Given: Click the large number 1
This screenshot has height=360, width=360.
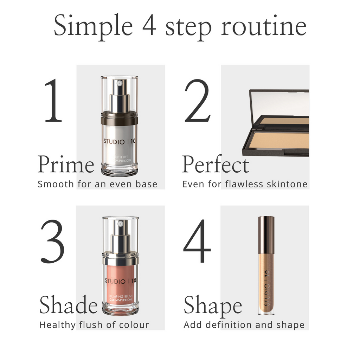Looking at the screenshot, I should (x=54, y=101).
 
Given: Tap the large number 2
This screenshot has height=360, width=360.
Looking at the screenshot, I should (x=197, y=101).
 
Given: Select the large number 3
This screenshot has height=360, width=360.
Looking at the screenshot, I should (x=53, y=242).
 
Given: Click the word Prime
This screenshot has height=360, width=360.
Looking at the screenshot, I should (x=66, y=165).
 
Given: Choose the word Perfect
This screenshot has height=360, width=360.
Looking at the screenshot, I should (x=215, y=165).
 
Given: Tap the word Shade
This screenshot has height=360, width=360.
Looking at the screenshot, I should (x=68, y=305).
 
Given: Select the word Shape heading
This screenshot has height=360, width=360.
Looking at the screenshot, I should (x=213, y=305).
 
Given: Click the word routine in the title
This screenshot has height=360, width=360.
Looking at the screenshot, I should (x=264, y=26).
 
